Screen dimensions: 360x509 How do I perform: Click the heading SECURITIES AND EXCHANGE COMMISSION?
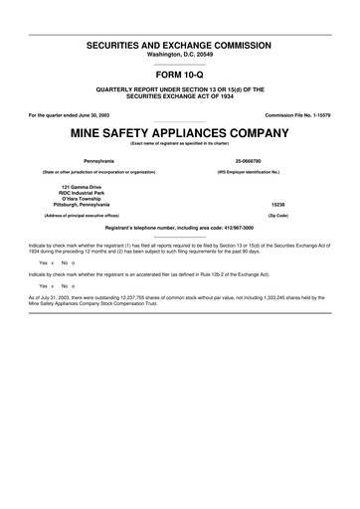(x=180, y=47)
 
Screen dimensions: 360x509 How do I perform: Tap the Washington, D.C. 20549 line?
(x=180, y=56)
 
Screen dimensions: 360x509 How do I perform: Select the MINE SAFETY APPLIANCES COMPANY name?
(x=180, y=132)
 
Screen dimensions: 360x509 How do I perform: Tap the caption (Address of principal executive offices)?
(x=90, y=215)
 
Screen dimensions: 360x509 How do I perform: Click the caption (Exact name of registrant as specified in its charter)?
(x=180, y=143)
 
